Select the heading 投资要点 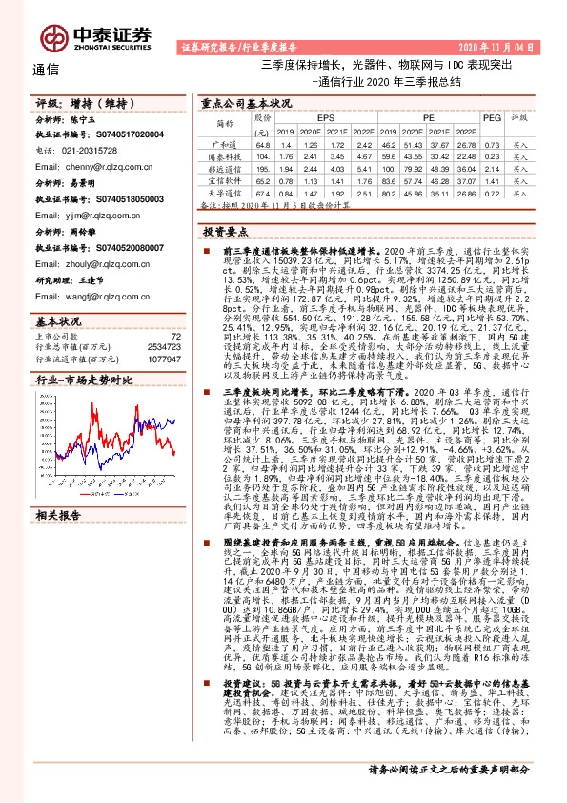point(226,232)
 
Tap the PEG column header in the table point(492,117)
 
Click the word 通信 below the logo point(46,69)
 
